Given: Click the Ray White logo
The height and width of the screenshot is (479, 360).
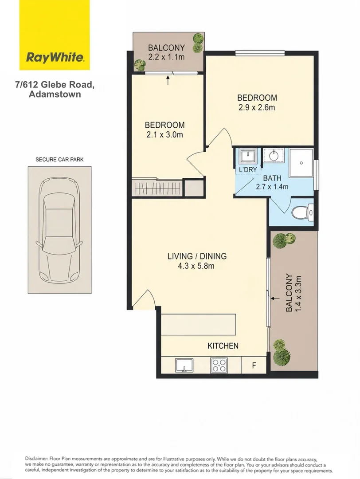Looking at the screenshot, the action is (x=55, y=35).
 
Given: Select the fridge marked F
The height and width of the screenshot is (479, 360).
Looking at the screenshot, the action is (x=254, y=365).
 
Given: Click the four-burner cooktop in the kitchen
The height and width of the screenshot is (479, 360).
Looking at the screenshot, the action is (x=219, y=365).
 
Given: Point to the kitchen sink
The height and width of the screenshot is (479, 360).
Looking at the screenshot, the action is (x=184, y=365).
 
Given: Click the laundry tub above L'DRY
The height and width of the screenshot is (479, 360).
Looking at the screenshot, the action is (x=248, y=156).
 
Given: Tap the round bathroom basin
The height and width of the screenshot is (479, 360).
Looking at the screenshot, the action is (x=274, y=156).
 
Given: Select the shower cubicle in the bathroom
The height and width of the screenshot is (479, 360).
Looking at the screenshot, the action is (x=301, y=163).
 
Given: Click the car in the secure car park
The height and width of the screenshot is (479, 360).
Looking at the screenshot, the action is (x=59, y=230).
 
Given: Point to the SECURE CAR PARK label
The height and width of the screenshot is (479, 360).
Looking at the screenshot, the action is (x=59, y=160).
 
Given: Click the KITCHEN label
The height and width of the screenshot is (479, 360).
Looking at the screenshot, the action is (x=223, y=346).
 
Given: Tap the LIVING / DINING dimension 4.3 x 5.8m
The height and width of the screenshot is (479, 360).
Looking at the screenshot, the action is (x=196, y=266).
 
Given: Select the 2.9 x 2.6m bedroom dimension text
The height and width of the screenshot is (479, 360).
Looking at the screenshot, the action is (x=257, y=107).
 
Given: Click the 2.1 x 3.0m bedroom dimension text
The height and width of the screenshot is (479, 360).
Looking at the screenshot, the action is (x=164, y=135).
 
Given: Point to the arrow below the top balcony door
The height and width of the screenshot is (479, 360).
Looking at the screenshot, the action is (x=168, y=81).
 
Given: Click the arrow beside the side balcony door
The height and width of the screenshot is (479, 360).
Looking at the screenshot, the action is (x=275, y=298).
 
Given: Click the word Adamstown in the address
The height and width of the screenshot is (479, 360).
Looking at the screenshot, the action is (x=55, y=94).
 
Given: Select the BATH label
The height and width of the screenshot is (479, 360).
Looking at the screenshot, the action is (x=272, y=178).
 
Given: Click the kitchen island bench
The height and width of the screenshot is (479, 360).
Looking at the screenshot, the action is (x=199, y=324).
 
